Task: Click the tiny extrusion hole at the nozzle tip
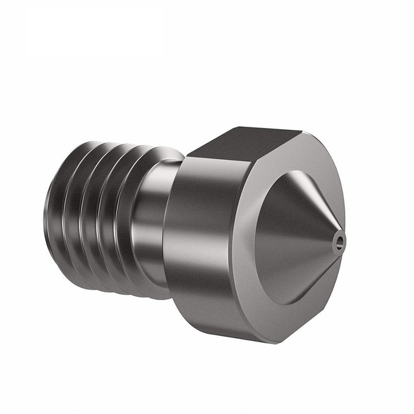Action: [339, 240]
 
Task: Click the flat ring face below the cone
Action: [280, 318]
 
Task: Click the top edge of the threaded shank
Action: [108, 145]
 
